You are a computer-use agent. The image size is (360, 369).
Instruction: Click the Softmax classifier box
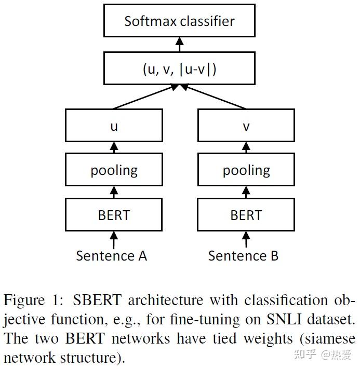pyautogui.click(x=179, y=21)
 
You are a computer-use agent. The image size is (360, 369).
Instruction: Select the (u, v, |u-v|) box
pyautogui.click(x=179, y=69)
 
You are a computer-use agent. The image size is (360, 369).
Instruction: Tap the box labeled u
pyautogui.click(x=114, y=126)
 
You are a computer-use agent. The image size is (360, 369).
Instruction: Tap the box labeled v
pyautogui.click(x=246, y=126)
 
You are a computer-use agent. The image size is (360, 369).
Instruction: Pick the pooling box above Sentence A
pyautogui.click(x=114, y=170)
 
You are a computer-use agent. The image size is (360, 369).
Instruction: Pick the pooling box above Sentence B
pyautogui.click(x=246, y=170)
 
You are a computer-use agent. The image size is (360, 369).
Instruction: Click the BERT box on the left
pyautogui.click(x=114, y=215)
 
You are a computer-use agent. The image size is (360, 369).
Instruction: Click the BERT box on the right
pyautogui.click(x=246, y=215)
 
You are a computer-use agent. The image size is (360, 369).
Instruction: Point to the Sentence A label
pyautogui.click(x=111, y=256)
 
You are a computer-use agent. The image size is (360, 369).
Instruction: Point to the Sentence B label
pyautogui.click(x=243, y=256)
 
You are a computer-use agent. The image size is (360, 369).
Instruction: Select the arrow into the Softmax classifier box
pyautogui.click(x=180, y=45)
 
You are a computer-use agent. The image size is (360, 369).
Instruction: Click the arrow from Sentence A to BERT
pyautogui.click(x=114, y=239)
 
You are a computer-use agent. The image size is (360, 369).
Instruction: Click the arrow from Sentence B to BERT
pyautogui.click(x=246, y=239)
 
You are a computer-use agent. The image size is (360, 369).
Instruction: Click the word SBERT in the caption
pyautogui.click(x=97, y=300)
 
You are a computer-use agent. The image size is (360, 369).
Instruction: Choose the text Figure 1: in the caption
pyautogui.click(x=35, y=300)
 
